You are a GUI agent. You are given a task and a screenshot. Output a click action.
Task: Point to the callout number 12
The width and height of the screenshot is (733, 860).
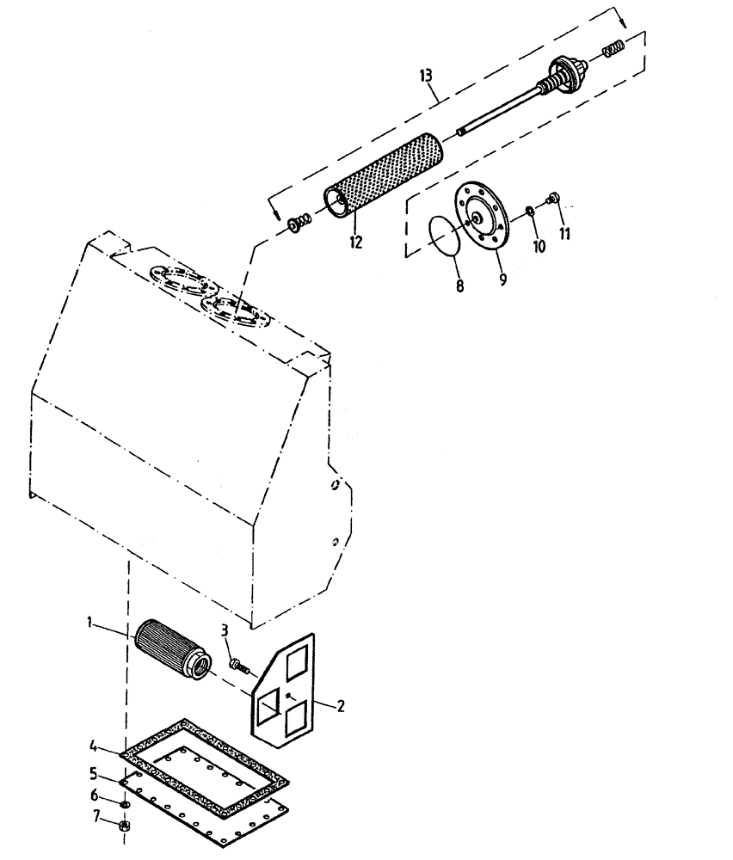355,243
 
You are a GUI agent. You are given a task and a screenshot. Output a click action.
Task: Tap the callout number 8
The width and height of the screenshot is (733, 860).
459,286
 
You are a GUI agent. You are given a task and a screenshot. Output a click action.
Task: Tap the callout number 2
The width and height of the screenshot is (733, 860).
341,707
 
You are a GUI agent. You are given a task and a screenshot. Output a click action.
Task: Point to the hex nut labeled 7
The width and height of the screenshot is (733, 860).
124,826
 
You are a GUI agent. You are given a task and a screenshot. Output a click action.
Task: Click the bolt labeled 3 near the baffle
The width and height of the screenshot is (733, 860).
237,665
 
